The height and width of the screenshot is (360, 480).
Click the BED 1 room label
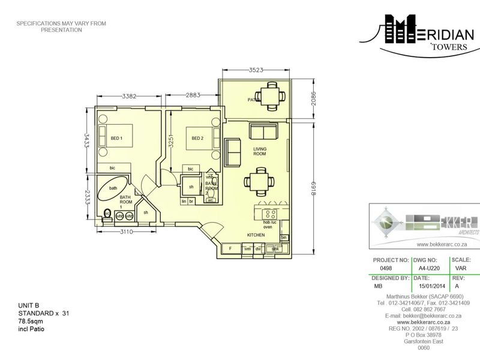(x=116, y=139)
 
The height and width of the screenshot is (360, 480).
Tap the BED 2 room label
(x=197, y=139)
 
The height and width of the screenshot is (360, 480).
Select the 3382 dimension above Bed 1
(x=132, y=95)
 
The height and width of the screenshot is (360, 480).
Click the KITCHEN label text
(x=256, y=235)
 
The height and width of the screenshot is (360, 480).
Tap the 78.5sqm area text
(x=31, y=322)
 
